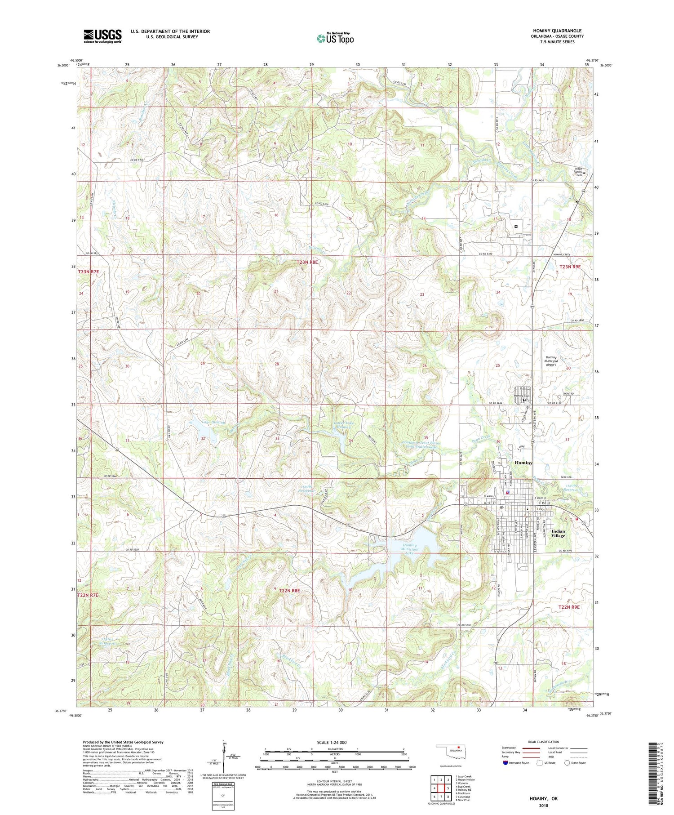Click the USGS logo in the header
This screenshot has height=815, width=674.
[102, 36]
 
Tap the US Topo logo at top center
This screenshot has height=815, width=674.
[335, 38]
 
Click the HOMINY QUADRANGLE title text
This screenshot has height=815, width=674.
[557, 31]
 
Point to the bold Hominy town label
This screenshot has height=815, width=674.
[523, 463]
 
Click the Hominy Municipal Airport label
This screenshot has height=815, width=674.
[551, 361]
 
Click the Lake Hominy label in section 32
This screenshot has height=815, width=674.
[213, 423]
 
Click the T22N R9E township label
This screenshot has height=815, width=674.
[569, 607]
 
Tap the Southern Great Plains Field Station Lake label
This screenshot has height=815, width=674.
[421, 445]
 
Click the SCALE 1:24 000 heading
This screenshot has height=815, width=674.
[332, 743]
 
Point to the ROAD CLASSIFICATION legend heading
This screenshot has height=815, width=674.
[544, 742]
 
